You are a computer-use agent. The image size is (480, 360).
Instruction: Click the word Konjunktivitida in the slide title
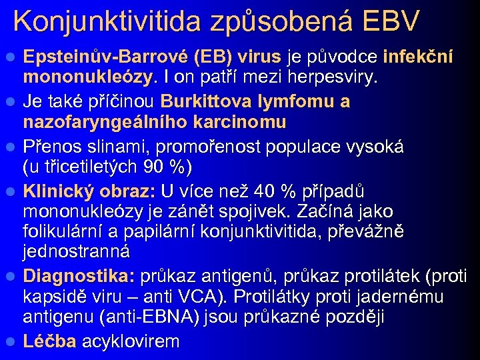(107, 21)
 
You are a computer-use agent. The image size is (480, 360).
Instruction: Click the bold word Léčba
(51, 341)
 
